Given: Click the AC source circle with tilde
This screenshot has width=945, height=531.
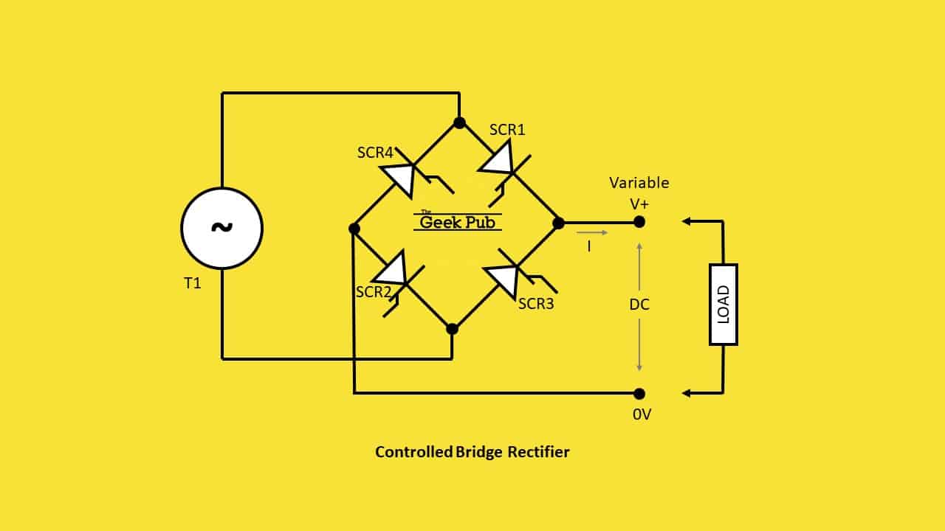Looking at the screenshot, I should tap(221, 228).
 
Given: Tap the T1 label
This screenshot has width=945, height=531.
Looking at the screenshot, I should tap(192, 283).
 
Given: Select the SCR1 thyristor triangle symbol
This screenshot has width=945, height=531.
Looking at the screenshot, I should tap(497, 159).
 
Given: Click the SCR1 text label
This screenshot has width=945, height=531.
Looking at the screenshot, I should tap(507, 130).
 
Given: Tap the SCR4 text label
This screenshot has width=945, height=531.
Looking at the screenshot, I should tap(375, 153).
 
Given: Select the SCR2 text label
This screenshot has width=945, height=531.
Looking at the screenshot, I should tap(374, 291).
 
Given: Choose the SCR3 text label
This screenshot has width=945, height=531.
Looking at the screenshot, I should tap(535, 303).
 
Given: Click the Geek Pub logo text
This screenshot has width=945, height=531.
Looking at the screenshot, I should tap(458, 221).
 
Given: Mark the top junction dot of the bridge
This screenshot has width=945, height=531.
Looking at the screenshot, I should tap(459, 122).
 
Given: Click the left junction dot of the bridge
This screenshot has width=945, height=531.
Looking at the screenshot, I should tap(354, 229).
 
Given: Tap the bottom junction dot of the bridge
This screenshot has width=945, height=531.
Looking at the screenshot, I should tap(453, 329).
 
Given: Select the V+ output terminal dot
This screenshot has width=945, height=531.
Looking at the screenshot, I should tap(639, 221).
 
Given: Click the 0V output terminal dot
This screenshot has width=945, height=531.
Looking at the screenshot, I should tap(639, 394).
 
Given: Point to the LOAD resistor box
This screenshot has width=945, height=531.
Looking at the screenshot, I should tap(724, 304).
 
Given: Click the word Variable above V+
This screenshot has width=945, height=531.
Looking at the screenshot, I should tap(639, 183).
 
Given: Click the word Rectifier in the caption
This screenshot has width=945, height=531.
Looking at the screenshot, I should tap(538, 452).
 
